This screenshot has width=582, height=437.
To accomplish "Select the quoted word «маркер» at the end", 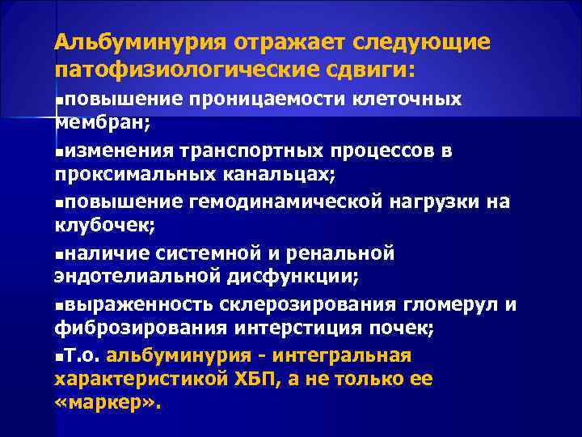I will point(108,405).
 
